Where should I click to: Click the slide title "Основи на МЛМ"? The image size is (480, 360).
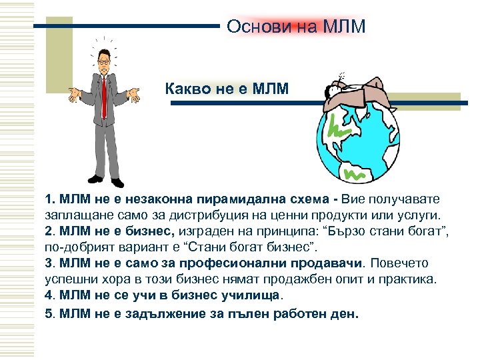[x=296, y=27]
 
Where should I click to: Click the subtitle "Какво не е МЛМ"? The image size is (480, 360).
[x=227, y=88]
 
